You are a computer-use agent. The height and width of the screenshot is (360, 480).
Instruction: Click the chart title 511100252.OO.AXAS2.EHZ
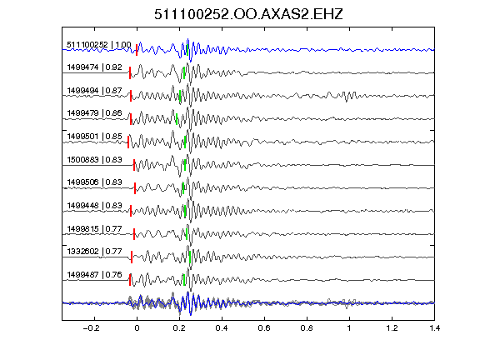coord(248,14)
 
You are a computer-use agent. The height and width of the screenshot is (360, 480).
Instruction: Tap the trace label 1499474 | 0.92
coord(95,67)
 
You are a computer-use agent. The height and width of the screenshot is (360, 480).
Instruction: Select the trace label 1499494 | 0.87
coord(95,91)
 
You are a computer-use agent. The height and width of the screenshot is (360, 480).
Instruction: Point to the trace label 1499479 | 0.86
coord(95,113)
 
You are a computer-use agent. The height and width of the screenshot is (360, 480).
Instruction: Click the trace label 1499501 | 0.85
coord(95,136)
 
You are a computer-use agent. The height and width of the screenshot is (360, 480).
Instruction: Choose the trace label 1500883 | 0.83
coord(95,159)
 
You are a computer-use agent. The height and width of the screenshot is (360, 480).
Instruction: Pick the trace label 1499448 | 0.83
coord(95,205)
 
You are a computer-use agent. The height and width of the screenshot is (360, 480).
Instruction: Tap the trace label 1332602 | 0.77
coord(95,252)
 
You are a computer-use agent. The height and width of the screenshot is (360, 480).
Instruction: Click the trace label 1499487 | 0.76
coord(95,275)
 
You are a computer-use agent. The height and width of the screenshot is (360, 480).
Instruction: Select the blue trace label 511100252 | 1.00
coord(99,45)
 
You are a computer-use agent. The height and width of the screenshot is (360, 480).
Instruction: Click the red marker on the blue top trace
coord(137,50)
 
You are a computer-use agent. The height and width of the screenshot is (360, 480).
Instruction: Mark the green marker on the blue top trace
coord(187,50)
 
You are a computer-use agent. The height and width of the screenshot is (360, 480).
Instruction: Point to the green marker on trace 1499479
coord(177,119)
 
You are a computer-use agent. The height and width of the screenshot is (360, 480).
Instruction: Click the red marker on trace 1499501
coord(128,142)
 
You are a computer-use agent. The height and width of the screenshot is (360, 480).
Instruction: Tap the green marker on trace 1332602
coord(190,257)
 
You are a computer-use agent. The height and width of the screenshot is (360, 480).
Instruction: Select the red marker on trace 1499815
coord(134,234)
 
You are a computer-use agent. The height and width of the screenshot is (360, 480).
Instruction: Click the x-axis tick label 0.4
coord(222,328)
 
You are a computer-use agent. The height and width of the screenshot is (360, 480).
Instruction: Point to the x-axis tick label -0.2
coord(91,328)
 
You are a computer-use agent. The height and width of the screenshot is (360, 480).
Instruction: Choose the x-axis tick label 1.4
coord(434,328)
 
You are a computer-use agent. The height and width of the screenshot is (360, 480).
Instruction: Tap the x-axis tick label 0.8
coord(307,328)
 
